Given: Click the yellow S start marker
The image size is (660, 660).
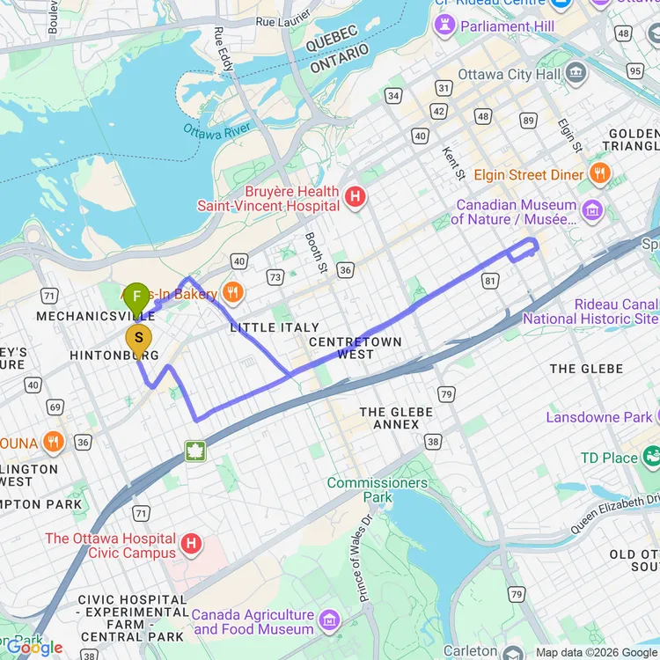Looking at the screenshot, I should [x=138, y=338].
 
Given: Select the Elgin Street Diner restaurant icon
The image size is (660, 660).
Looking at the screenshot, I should [x=599, y=173].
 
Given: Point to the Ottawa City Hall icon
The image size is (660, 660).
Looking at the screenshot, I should [x=576, y=73].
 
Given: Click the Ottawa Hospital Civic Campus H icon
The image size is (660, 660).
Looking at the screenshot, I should [x=191, y=546].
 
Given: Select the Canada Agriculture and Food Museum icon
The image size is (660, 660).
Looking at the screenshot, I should [x=330, y=620].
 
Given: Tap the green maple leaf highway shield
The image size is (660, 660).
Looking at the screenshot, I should [x=194, y=451].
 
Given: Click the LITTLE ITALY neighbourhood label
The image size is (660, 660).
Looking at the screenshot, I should [x=275, y=327].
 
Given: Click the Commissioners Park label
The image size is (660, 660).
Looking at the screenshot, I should [x=378, y=490].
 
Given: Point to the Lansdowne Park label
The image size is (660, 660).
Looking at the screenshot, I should [x=598, y=417].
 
